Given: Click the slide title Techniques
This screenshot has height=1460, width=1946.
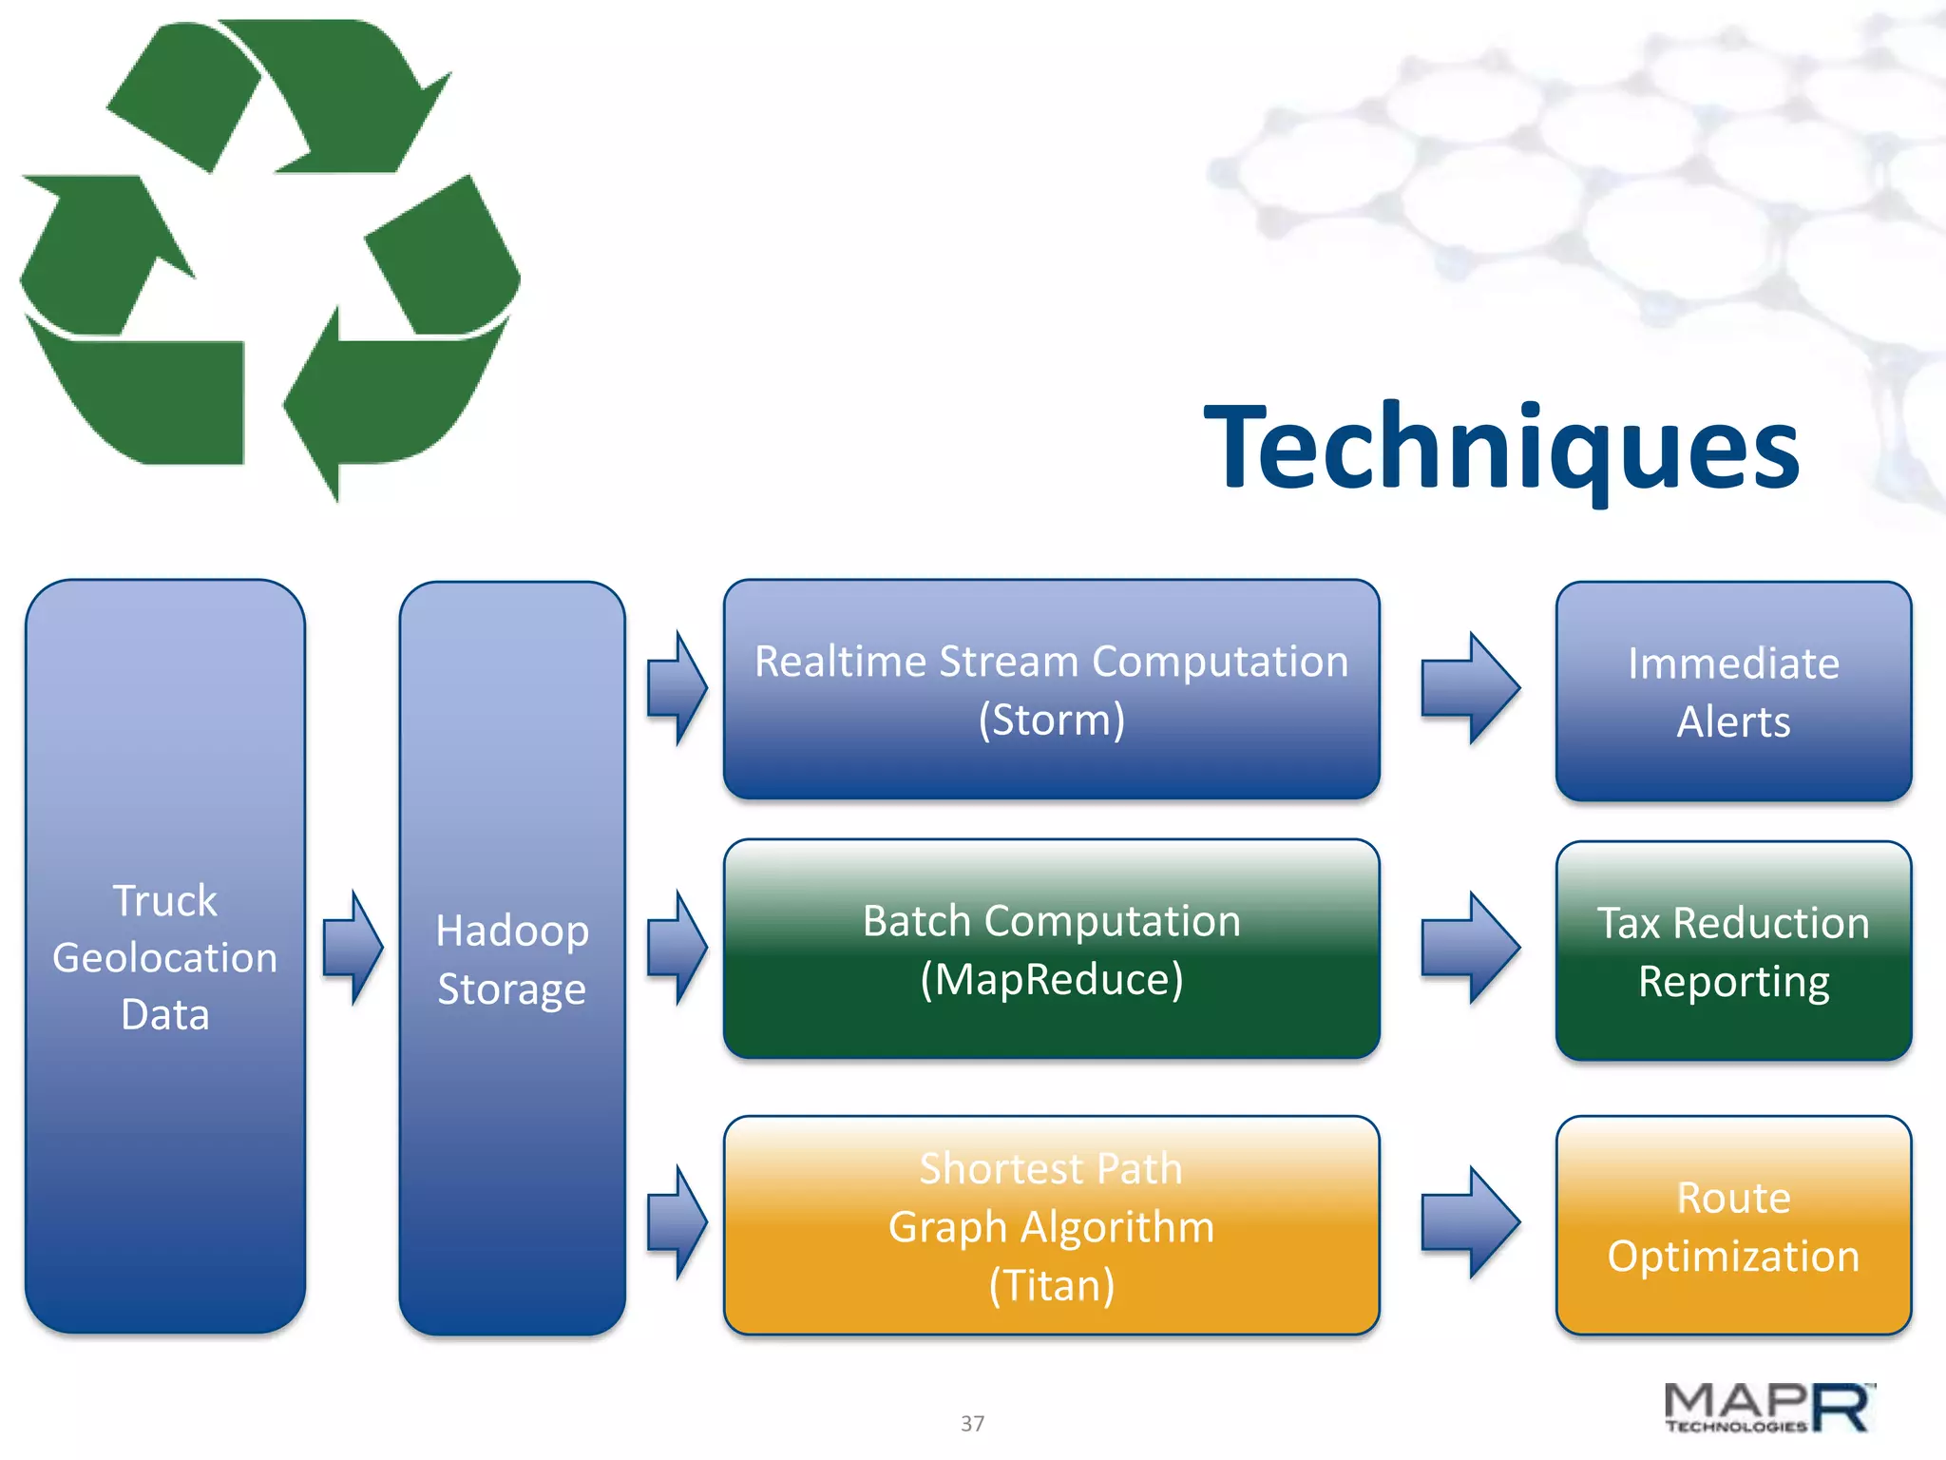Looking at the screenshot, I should coord(1501,447).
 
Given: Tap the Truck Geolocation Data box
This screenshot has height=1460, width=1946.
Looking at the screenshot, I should coord(165,956).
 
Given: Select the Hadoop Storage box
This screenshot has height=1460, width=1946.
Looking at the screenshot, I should coord(512,958).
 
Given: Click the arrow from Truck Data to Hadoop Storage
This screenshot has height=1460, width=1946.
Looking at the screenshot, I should coord(353,948).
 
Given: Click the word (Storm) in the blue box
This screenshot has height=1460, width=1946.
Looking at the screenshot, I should coord(1051,720).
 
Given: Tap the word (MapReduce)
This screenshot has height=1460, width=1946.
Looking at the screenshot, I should coord(1051,979).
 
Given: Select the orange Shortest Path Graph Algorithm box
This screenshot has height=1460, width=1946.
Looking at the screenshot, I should coord(1051,1225).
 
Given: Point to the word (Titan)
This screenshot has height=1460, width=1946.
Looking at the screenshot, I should coord(1051,1285).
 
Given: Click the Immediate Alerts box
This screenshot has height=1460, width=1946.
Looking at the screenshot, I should coord(1733,691).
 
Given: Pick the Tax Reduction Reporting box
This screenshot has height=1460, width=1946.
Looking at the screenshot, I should coord(1733,951).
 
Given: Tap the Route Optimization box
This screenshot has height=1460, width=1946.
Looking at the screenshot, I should coord(1733,1225).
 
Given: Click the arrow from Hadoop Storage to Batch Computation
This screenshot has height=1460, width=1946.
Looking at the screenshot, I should coord(677,948).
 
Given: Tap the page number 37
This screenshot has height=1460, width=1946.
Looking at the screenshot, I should coord(972,1423).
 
